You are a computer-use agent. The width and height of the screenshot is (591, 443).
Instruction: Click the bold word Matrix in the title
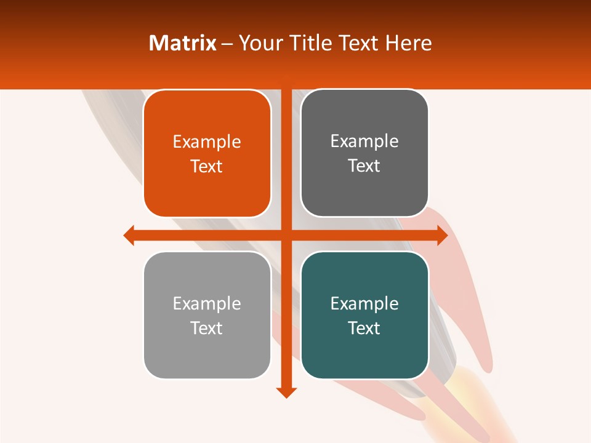coord(182,43)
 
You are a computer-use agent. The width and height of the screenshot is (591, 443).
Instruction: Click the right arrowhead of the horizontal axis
coord(442,235)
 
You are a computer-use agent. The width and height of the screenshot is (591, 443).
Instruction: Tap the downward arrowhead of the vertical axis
coord(286,392)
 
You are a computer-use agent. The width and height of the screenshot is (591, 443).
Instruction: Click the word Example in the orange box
coord(207,142)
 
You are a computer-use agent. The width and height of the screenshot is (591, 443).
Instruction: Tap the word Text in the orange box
coord(207,167)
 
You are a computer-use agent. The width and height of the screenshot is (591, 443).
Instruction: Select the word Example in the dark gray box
coord(364,142)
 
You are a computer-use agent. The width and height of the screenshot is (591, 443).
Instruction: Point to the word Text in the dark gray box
coord(364,166)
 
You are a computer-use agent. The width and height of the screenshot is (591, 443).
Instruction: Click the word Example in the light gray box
coord(207,303)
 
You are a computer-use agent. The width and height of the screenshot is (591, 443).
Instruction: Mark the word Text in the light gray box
coord(207,328)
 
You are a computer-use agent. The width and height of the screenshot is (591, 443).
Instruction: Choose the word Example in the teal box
coord(364,303)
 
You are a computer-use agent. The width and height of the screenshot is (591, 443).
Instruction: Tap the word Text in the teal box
coord(364,328)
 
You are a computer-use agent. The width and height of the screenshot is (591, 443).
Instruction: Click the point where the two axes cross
coord(286,235)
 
